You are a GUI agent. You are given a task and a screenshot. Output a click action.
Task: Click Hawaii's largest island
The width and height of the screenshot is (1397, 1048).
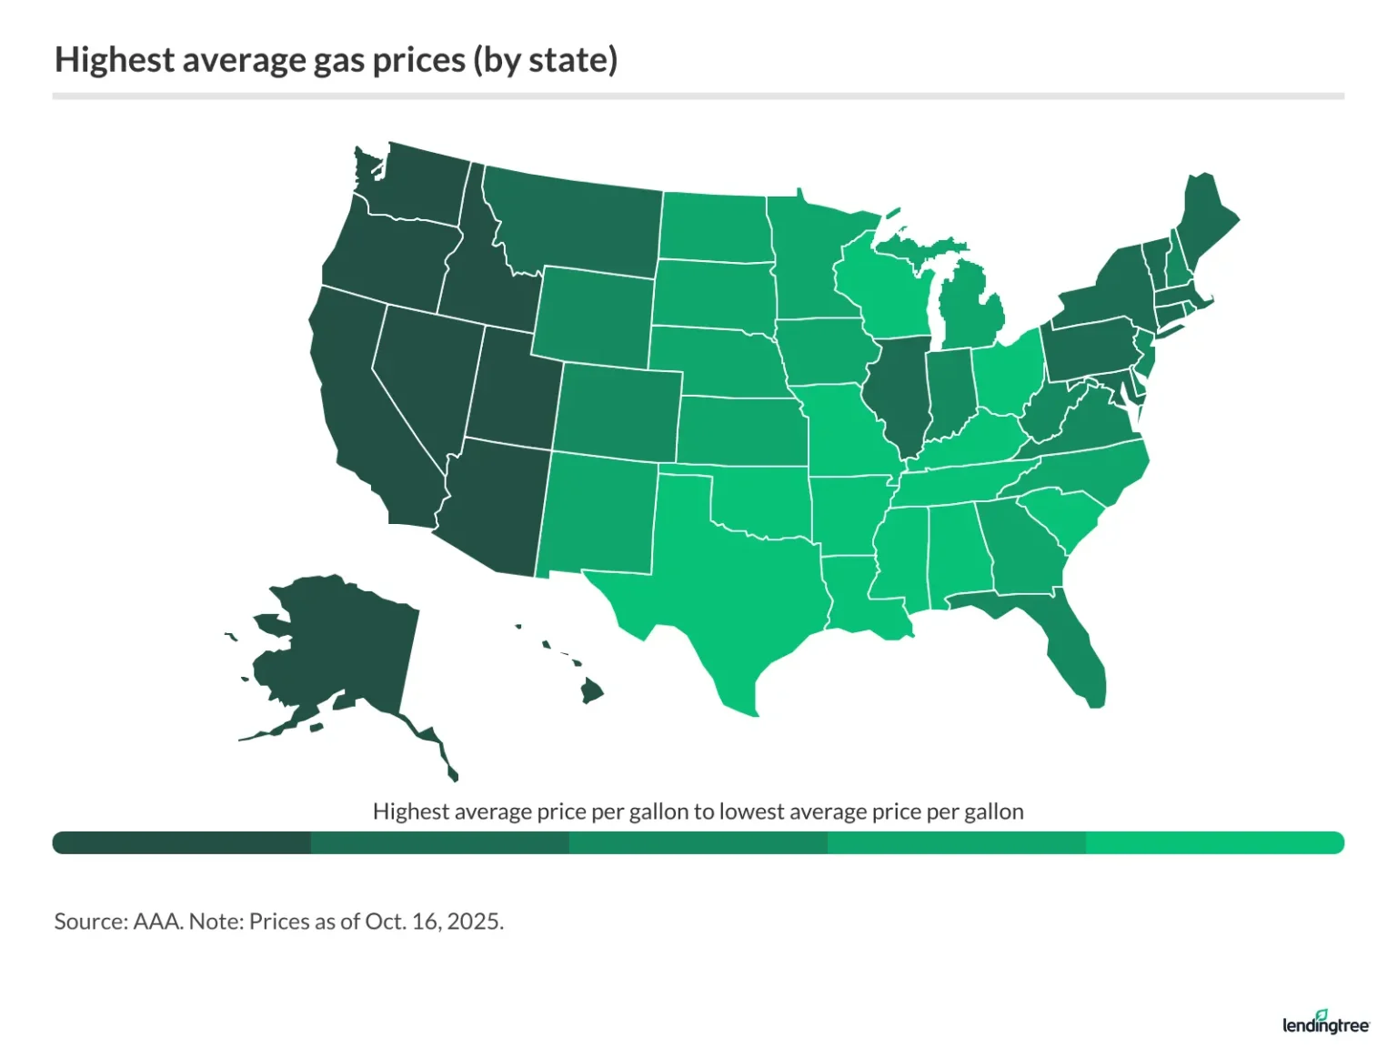coord(592,691)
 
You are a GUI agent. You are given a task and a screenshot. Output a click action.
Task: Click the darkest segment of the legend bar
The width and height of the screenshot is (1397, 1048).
coord(182,842)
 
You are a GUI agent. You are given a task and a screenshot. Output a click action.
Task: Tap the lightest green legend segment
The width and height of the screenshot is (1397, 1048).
coord(1214,842)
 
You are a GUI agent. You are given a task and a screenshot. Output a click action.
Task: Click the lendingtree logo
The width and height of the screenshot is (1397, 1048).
coord(1325,1023)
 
